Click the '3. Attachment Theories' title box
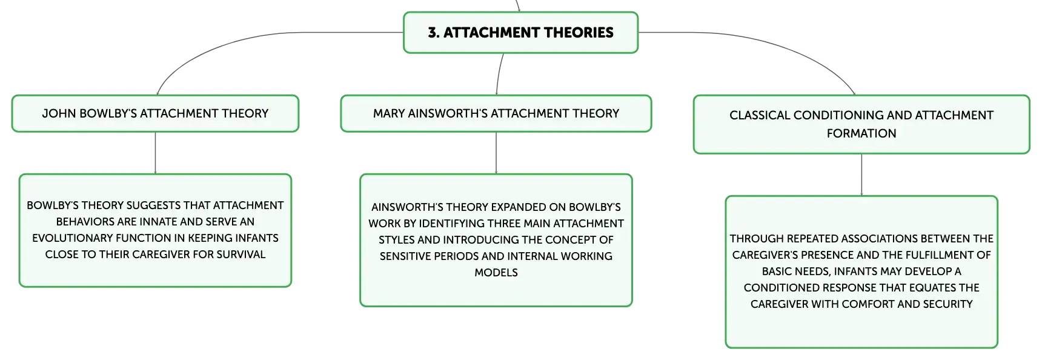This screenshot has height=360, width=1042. click(521, 33)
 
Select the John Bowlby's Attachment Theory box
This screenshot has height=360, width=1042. click(155, 113)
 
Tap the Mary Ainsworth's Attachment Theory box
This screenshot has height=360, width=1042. click(496, 113)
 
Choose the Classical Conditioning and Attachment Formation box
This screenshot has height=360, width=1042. click(861, 124)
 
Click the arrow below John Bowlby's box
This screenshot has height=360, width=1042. click(155, 153)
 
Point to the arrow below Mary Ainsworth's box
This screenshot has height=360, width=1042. click(496, 153)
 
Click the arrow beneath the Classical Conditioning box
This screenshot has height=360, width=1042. click(861, 175)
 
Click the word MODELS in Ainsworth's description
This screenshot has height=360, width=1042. click(496, 273)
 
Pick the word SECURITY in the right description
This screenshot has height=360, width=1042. click(947, 304)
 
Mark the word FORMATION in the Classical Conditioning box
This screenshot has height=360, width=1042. click(861, 133)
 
